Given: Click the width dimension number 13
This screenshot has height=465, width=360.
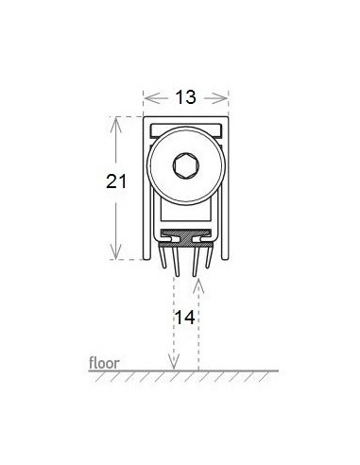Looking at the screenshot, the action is point(186,97).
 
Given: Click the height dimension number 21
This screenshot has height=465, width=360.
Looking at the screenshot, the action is point(116,181).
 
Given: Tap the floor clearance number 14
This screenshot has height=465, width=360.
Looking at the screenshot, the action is point(185,318).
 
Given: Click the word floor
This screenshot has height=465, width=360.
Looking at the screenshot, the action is point(104,363).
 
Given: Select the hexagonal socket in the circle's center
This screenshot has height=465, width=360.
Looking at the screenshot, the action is point(186,165).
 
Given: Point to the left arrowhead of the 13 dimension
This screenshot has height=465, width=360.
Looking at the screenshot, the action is point(152,98).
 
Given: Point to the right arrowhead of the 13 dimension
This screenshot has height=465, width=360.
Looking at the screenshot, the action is point(219,98).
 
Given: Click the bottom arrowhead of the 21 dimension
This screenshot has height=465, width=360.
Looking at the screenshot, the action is point(116,251).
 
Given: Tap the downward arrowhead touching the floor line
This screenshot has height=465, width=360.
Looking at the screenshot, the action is point(174,362).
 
